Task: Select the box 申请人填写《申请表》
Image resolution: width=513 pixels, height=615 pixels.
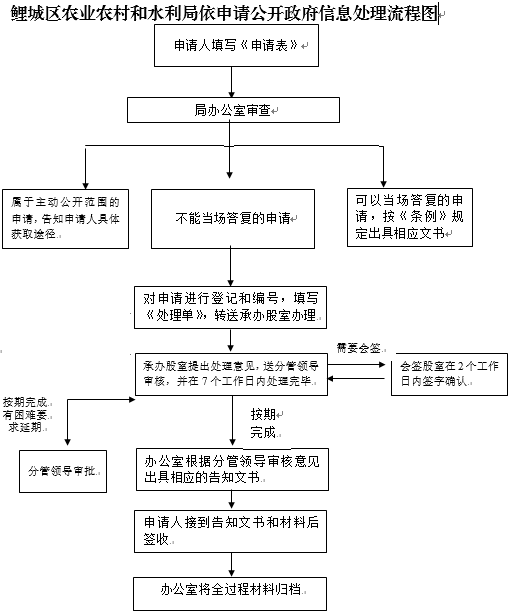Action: [x=231, y=48]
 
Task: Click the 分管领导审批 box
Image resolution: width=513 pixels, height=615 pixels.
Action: [x=67, y=469]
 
